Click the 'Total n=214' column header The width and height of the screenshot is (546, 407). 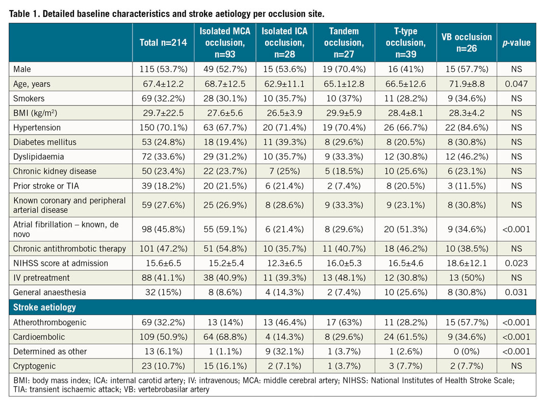[x=163, y=43]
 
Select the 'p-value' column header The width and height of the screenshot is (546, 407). [x=516, y=43]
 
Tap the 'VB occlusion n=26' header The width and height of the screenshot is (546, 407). [x=466, y=43]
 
